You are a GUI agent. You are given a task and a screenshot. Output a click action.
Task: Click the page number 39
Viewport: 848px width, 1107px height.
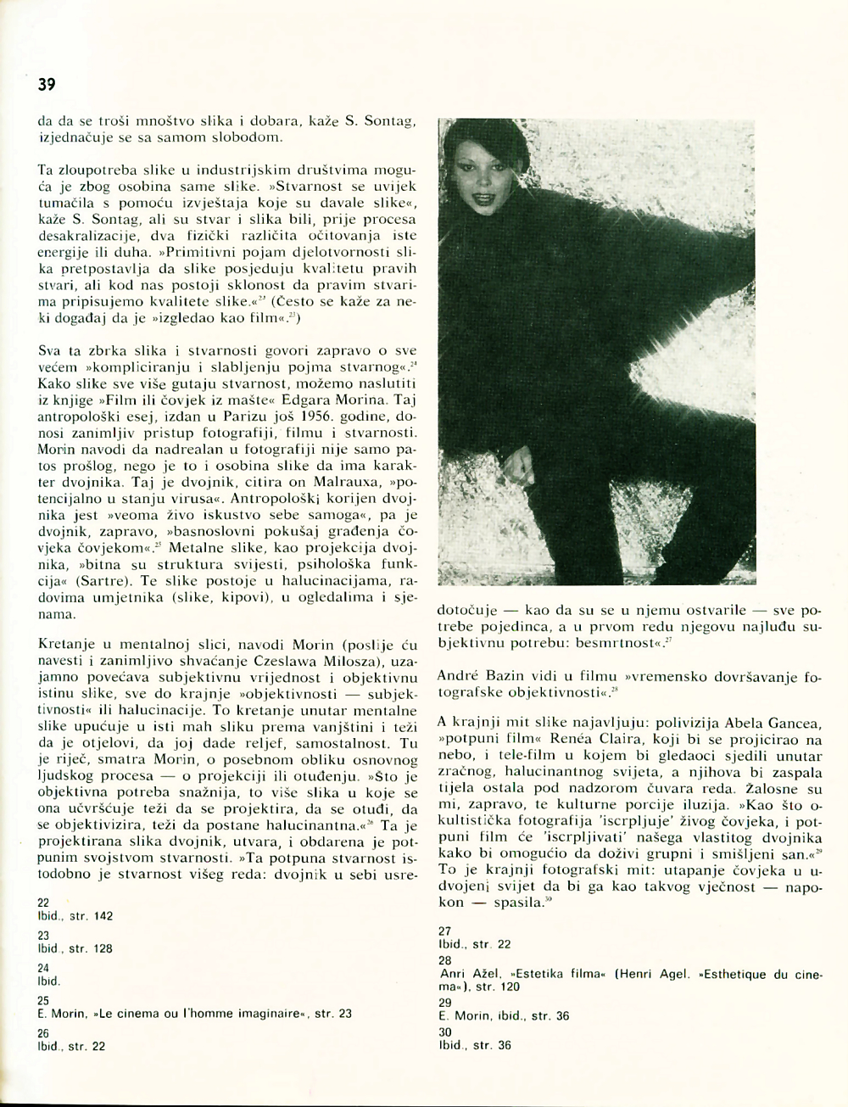[x=46, y=84]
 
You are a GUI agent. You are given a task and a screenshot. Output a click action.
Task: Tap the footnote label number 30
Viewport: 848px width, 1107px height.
[x=445, y=1032]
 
